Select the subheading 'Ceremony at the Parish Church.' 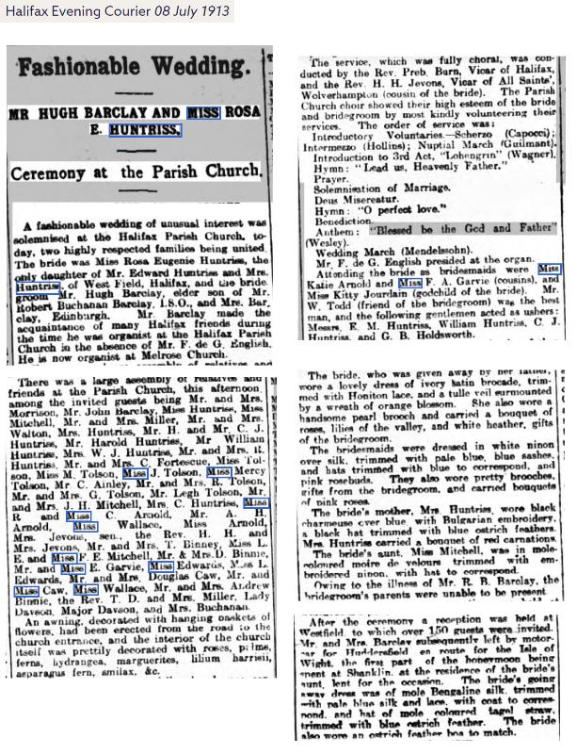(x=136, y=172)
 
